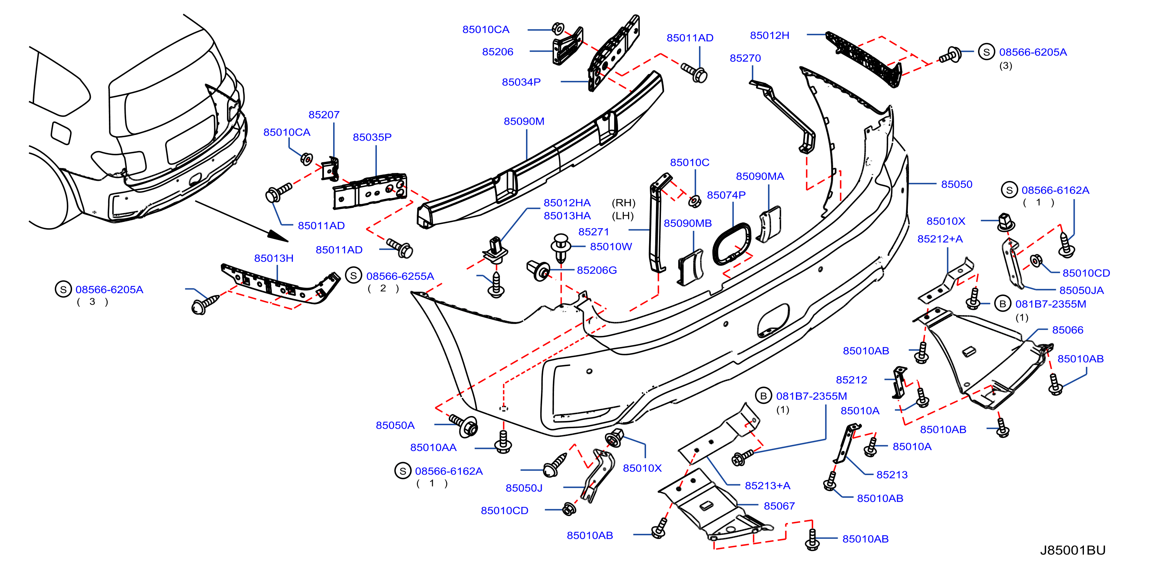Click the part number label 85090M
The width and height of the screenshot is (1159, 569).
524,122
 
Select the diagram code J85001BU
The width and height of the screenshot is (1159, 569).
1073,550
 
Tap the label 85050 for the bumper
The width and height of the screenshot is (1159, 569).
957,184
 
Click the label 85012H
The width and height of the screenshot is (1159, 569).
769,36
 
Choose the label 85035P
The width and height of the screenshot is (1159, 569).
372,137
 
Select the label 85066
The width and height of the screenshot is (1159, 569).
1068,330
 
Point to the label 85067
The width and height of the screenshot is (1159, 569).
779,506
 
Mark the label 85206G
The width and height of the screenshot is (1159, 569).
597,270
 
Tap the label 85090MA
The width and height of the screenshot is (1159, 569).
760,176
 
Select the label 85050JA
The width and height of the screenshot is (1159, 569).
1082,291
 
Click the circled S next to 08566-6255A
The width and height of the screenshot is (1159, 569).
353,276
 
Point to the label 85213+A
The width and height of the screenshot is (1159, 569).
768,486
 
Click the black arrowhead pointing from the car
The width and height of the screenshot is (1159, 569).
278,236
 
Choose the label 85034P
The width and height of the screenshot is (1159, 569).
521,82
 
